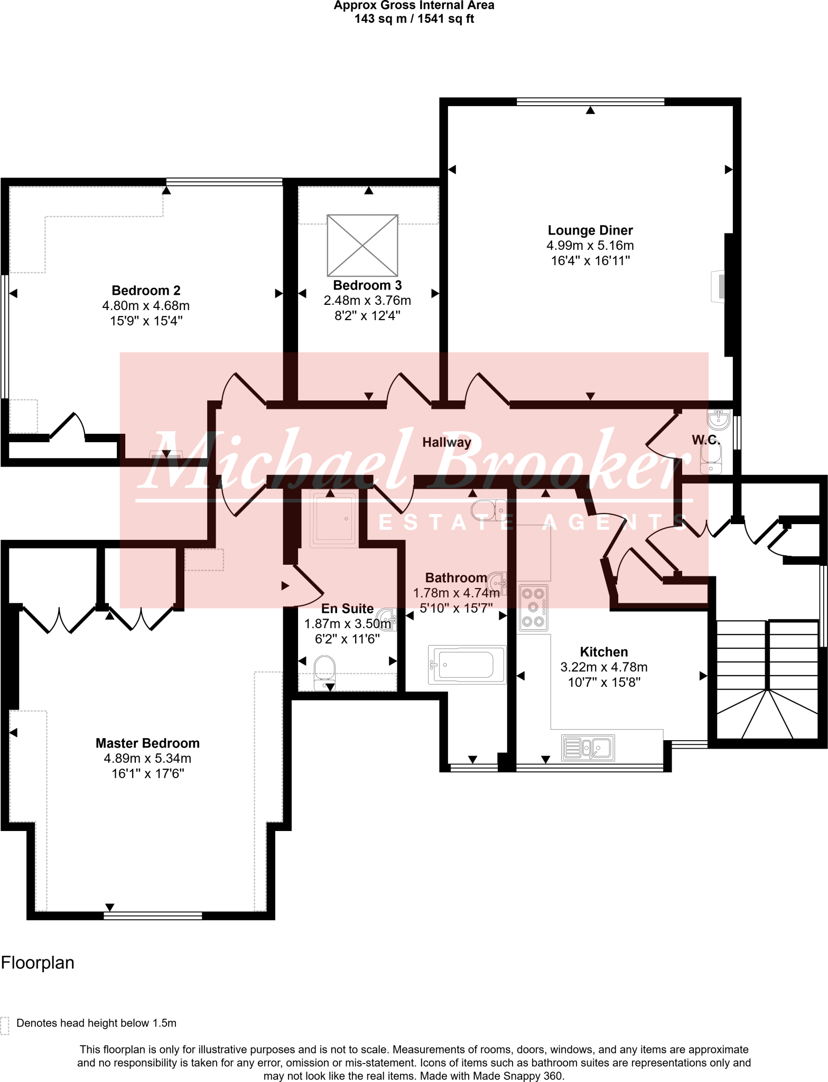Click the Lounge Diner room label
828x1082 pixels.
click(x=590, y=230)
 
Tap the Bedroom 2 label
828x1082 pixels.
click(x=146, y=291)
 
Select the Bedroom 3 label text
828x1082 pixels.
click(x=367, y=285)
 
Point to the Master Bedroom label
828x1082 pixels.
click(x=147, y=743)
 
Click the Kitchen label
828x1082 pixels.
click(x=603, y=652)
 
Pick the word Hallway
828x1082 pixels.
click(x=446, y=442)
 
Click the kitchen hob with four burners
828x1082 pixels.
click(x=533, y=608)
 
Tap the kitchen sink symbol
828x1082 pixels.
click(x=588, y=748)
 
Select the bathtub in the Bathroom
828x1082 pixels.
click(x=467, y=665)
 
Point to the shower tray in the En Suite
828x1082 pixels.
click(x=333, y=519)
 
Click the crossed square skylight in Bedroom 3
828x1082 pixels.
click(x=362, y=245)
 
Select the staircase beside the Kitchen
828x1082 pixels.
click(x=767, y=682)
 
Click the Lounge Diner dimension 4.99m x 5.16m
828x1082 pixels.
click(x=590, y=246)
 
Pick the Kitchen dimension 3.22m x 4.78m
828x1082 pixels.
click(x=603, y=667)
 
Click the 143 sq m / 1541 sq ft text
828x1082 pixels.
click(x=414, y=19)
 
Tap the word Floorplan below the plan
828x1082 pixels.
click(x=38, y=963)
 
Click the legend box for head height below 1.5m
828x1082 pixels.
click(x=5, y=1025)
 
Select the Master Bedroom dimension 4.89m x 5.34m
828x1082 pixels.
click(x=147, y=759)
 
